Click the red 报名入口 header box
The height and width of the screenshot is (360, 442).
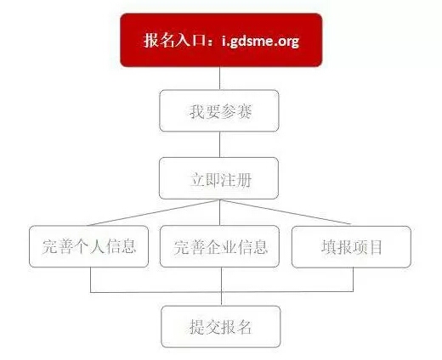click(221, 40)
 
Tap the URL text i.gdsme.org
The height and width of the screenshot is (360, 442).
click(260, 42)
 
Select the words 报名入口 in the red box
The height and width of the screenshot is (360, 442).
click(173, 40)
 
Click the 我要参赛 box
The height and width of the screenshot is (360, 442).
click(219, 110)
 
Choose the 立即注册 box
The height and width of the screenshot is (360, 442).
click(218, 178)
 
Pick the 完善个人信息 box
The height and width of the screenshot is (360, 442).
click(89, 246)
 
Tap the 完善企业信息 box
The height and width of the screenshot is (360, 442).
click(219, 246)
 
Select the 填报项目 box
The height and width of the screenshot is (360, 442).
click(351, 247)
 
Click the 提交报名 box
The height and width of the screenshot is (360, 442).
click(221, 327)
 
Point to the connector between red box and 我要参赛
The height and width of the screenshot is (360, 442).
click(220, 78)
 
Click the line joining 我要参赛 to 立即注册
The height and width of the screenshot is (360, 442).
click(220, 144)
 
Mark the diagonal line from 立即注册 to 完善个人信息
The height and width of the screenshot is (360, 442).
click(154, 212)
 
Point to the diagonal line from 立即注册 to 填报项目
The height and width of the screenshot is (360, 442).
click(286, 212)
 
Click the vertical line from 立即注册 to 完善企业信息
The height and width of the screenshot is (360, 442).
click(220, 212)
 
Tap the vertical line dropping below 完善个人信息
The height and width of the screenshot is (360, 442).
click(91, 279)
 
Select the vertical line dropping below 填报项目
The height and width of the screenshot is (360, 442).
click(353, 279)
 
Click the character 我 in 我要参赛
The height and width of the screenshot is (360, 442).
click(197, 111)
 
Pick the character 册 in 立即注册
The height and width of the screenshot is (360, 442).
click(244, 180)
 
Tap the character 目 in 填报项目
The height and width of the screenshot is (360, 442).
click(375, 247)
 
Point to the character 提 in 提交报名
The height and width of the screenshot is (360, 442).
click(197, 327)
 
